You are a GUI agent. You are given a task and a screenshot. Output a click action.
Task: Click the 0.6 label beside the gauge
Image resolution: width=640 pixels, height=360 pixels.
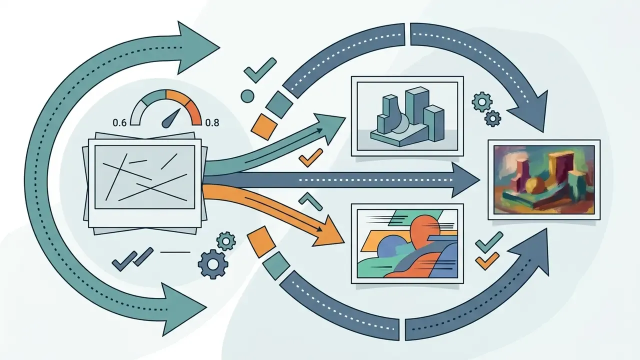tap(119, 122)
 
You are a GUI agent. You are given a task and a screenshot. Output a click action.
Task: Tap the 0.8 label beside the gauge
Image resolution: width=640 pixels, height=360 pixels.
tap(212, 122)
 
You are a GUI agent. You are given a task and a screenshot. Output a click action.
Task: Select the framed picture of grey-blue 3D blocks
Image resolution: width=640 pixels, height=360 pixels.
tap(407, 116)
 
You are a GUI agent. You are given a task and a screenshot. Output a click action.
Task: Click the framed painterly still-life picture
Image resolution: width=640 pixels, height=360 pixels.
tap(544, 179)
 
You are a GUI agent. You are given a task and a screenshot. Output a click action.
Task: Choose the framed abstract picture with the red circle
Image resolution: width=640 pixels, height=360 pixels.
tap(407, 243)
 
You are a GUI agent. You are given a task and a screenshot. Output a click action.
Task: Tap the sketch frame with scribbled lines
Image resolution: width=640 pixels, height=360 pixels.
tap(145, 183)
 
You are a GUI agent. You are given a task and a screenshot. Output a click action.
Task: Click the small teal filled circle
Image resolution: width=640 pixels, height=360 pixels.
tap(247, 96)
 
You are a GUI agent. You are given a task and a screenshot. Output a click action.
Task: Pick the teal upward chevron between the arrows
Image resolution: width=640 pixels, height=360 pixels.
tap(310, 201)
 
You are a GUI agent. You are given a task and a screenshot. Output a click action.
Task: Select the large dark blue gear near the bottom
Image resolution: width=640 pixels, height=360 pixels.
tap(213, 264)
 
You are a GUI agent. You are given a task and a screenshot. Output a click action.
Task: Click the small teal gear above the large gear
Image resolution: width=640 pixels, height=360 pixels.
tap(226, 241)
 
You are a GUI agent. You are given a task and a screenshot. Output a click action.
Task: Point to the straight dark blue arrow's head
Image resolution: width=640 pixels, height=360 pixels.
tap(465, 180)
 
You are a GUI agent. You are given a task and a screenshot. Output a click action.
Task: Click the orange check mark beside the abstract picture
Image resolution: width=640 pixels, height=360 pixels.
tap(487, 260)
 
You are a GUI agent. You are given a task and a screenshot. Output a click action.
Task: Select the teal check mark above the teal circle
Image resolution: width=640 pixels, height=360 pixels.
tap(260, 70)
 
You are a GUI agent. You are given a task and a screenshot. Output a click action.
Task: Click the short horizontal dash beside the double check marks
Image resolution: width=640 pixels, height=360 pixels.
tap(175, 252)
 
